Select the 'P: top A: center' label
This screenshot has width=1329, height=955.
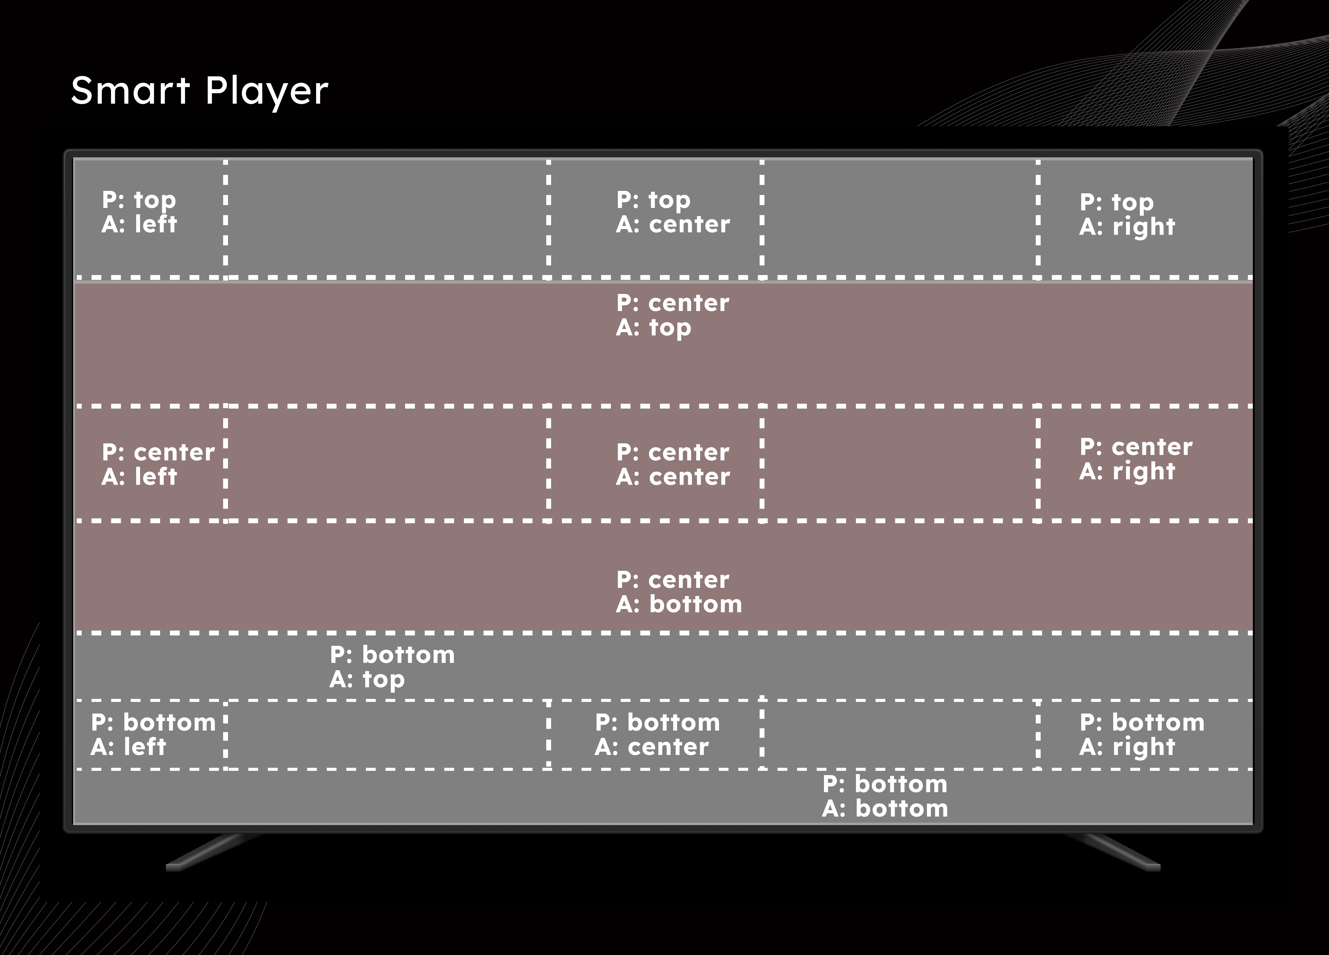click(673, 212)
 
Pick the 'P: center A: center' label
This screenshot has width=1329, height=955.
click(673, 464)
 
